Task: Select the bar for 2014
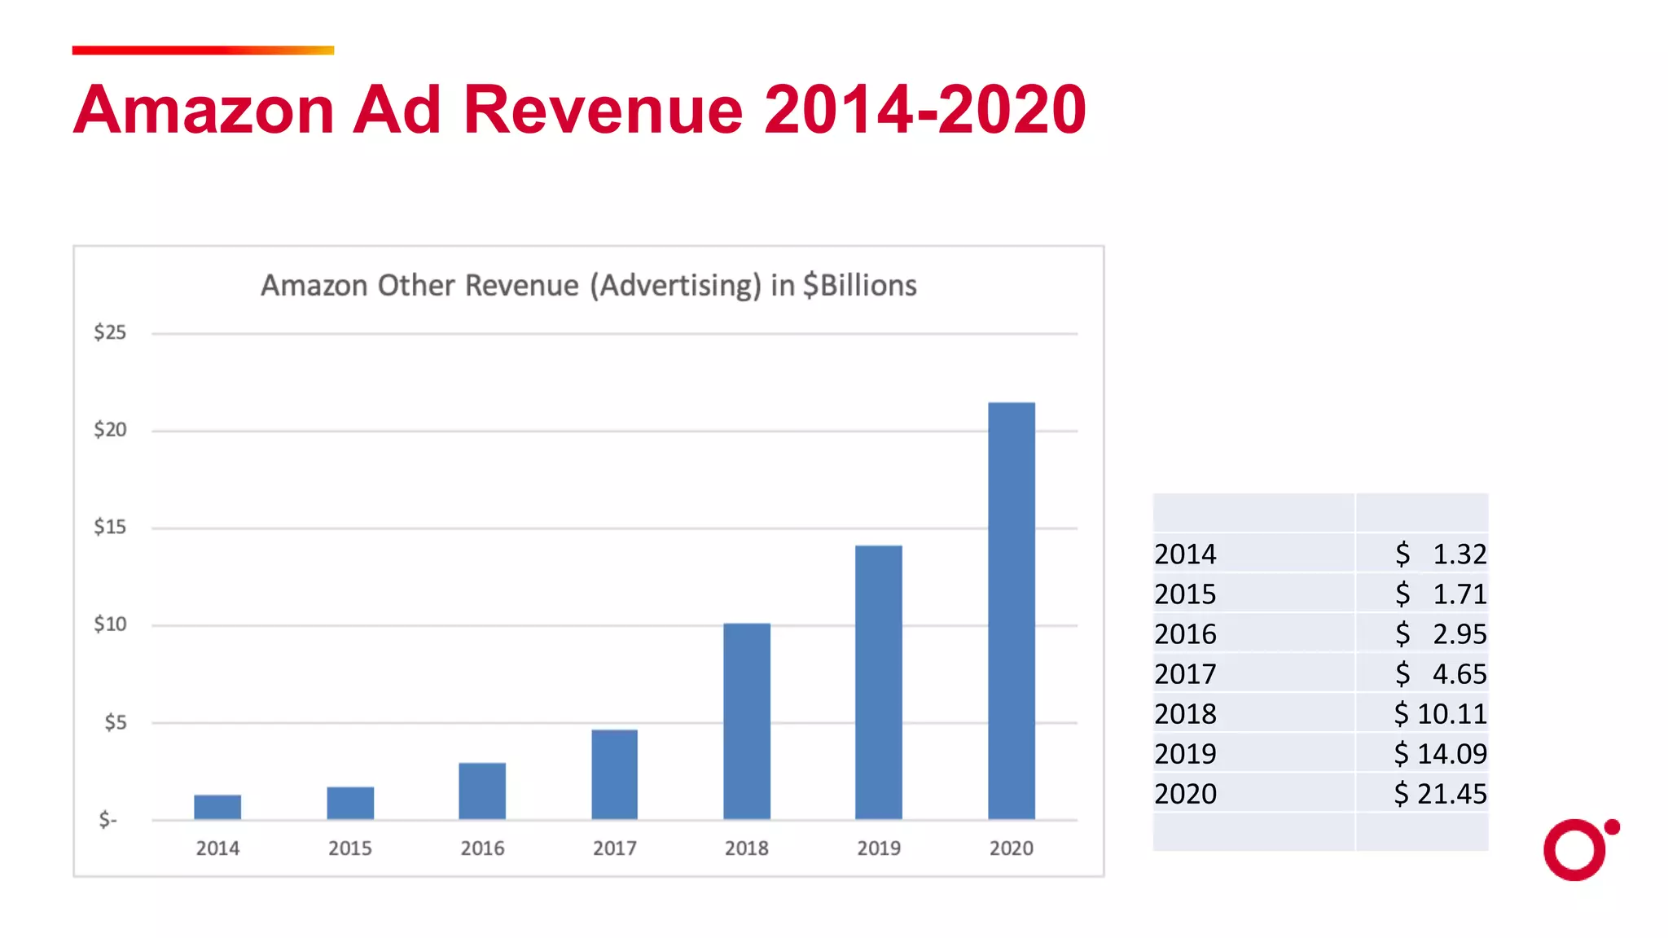pyautogui.click(x=217, y=806)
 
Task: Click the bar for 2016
pyautogui.click(x=482, y=791)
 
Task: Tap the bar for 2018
pyautogui.click(x=746, y=721)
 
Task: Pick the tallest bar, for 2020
pyautogui.click(x=1011, y=611)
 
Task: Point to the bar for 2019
pyautogui.click(x=878, y=682)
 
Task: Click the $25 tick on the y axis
pyautogui.click(x=110, y=332)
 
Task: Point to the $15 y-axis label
pyautogui.click(x=110, y=527)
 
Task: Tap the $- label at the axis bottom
pyautogui.click(x=108, y=819)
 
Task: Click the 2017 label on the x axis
pyautogui.click(x=614, y=848)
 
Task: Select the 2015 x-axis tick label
pyautogui.click(x=349, y=848)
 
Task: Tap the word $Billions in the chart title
pyautogui.click(x=859, y=286)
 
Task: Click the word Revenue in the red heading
pyautogui.click(x=603, y=109)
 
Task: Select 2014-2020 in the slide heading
pyautogui.click(x=924, y=109)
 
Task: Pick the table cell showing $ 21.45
pyautogui.click(x=1439, y=793)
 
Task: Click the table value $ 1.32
pyautogui.click(x=1439, y=554)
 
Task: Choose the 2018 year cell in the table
pyautogui.click(x=1185, y=713)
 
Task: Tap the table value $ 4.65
pyautogui.click(x=1439, y=673)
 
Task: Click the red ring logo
pyautogui.click(x=1574, y=850)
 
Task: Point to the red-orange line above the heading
pyautogui.click(x=203, y=50)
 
